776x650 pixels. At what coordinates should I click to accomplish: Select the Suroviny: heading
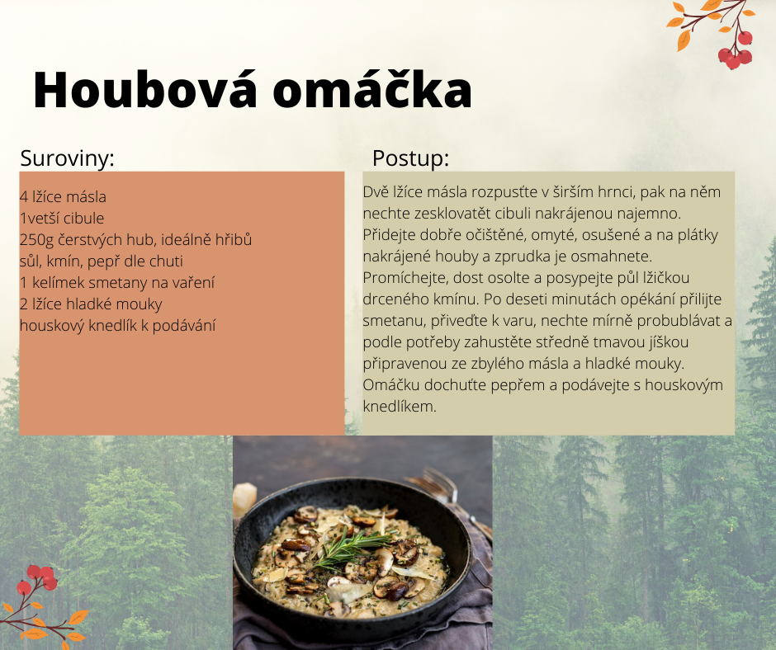(68, 158)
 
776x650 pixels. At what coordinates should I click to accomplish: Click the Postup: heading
(410, 159)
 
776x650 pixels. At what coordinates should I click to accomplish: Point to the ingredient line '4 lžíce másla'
(63, 197)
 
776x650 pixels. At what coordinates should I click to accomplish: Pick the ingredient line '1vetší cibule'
(62, 218)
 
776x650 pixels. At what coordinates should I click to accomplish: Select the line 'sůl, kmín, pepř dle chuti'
(102, 261)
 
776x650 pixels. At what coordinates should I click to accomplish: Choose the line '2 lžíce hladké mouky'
(91, 304)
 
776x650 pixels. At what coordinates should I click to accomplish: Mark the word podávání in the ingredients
(184, 326)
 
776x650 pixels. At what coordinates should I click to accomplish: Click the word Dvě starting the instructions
(376, 192)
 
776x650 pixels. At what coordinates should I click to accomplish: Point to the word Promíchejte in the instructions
(405, 278)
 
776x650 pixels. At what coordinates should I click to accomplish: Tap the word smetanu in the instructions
(395, 321)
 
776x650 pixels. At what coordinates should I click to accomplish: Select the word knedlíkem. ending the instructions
(400, 407)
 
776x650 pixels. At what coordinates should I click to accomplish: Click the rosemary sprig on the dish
(353, 550)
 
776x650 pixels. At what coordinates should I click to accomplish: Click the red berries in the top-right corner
(736, 49)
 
